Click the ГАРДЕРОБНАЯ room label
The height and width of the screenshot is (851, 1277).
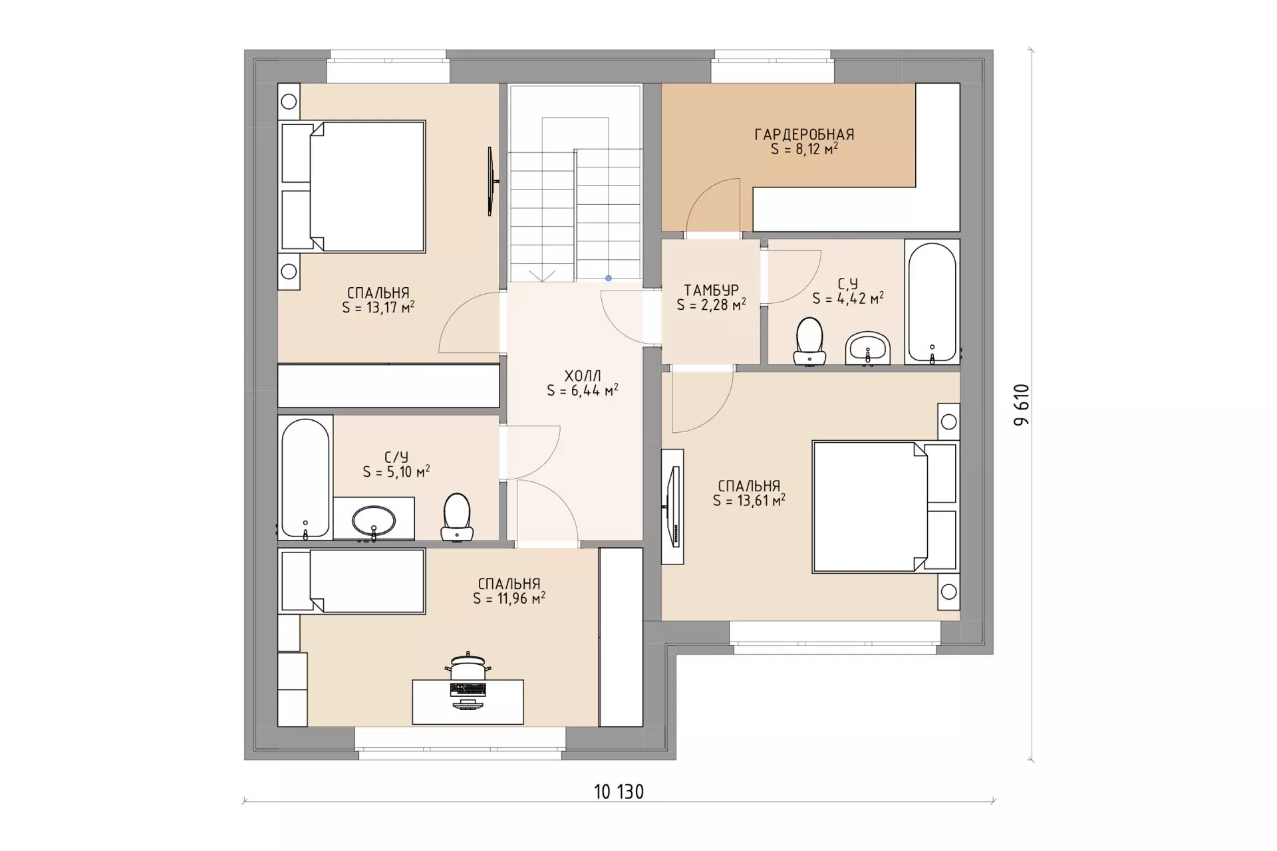(x=804, y=134)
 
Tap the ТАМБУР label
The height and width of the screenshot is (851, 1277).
(x=711, y=291)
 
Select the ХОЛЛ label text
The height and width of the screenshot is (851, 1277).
(x=583, y=376)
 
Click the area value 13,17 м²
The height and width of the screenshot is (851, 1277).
(x=378, y=308)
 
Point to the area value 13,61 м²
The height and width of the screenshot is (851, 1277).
(x=749, y=501)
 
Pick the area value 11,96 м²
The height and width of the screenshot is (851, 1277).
(x=509, y=599)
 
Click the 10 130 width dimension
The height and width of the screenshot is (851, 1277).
(x=619, y=792)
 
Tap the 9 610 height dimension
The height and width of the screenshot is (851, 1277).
(x=1022, y=405)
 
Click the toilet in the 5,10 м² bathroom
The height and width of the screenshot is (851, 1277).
(x=457, y=517)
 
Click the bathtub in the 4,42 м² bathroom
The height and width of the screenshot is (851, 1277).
(x=932, y=302)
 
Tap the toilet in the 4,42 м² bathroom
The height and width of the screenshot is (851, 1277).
(x=809, y=341)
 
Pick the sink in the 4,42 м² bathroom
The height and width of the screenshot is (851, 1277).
(x=868, y=348)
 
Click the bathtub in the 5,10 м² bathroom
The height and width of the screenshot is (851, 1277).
(x=305, y=477)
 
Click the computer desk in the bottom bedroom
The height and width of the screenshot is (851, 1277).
(x=468, y=701)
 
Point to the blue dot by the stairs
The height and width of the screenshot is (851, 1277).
(x=608, y=278)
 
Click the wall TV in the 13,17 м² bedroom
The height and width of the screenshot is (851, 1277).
(x=491, y=181)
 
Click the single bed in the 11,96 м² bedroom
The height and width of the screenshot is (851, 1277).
(x=352, y=581)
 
